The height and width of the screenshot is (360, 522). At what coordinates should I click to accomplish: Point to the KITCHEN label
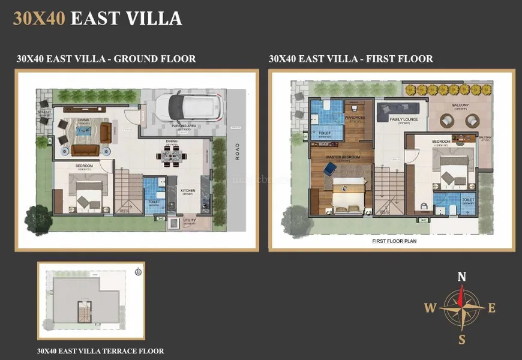[188, 191]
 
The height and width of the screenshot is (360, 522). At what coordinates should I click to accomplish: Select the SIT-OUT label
[44, 112]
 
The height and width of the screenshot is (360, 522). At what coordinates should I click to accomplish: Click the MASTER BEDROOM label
[343, 157]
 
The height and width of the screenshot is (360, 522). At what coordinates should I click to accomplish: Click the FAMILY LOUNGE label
[404, 119]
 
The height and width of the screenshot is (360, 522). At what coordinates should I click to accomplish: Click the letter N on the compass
[461, 277]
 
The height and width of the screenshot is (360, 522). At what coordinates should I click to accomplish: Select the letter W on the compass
[430, 308]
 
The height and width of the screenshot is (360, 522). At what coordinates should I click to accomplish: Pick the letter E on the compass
[492, 308]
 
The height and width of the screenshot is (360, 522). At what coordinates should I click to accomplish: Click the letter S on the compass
[461, 340]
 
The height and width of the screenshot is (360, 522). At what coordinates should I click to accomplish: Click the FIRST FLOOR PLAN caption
[394, 241]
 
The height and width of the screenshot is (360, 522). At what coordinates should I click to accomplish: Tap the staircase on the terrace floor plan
[86, 313]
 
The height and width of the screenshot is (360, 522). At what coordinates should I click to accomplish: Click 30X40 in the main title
[39, 18]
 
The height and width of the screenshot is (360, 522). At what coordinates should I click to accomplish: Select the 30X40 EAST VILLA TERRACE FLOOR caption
[100, 351]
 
